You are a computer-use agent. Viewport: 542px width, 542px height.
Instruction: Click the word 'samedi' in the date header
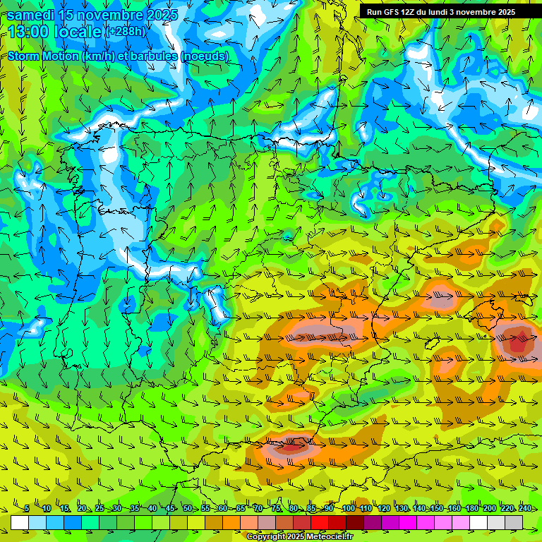[30, 15]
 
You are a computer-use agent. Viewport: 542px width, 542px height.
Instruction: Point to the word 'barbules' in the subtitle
[151, 56]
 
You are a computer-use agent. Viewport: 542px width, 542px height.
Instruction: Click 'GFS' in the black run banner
[393, 12]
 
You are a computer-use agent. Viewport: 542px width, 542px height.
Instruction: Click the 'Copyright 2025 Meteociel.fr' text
[300, 536]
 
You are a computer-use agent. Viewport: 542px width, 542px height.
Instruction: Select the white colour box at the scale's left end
[19, 522]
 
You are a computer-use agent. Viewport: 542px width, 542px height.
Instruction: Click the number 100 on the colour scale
[348, 509]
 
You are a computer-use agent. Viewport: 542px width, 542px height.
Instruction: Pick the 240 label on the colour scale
[524, 509]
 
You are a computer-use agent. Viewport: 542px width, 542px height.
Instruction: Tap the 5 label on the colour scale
[26, 509]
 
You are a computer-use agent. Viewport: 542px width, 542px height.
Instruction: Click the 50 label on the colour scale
[187, 509]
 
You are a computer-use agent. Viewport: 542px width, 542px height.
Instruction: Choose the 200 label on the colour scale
[489, 509]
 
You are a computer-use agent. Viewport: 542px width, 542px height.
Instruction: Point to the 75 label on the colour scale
[276, 509]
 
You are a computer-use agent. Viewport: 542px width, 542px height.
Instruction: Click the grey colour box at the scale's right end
[514, 522]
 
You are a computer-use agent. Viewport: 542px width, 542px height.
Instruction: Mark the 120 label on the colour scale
[383, 509]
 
